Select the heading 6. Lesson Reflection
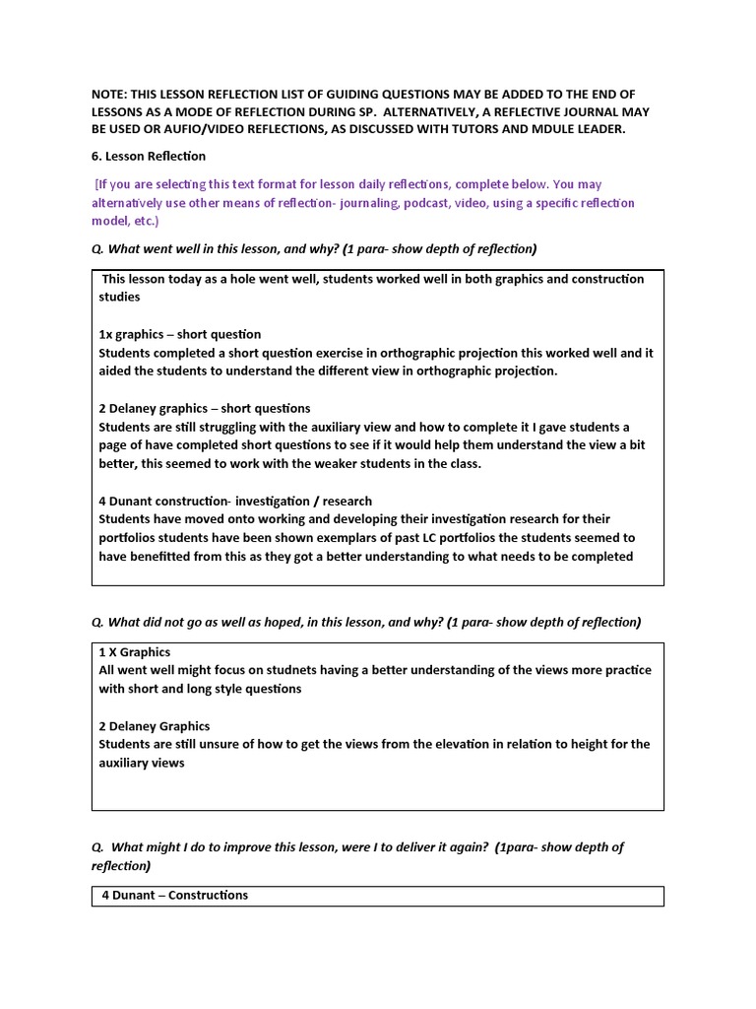pos(149,156)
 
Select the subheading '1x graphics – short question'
pos(180,334)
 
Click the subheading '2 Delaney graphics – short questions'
pos(205,408)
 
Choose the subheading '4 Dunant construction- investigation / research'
pos(235,501)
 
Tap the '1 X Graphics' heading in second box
pos(135,652)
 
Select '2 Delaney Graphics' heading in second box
pos(155,726)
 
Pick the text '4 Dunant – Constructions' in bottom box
pos(175,896)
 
